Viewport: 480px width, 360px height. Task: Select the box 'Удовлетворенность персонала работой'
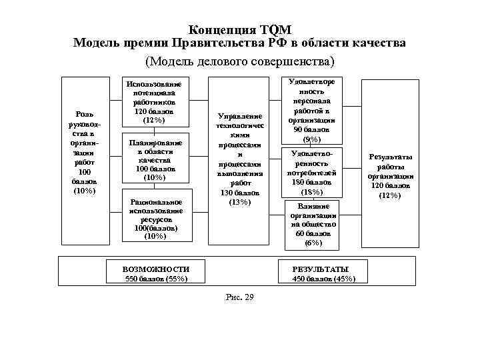pyautogui.click(x=312, y=110)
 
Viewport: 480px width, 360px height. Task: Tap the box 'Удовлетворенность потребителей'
pyautogui.click(x=312, y=173)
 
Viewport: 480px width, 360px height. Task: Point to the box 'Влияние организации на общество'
pyautogui.click(x=312, y=225)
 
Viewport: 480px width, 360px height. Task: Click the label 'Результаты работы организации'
pyautogui.click(x=390, y=176)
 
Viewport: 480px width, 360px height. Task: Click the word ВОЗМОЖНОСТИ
pyautogui.click(x=155, y=269)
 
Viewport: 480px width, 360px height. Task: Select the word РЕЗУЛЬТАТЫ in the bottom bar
pyautogui.click(x=320, y=269)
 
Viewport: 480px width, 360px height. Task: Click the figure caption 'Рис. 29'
pyautogui.click(x=240, y=297)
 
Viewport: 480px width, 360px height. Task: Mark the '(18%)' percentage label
pyautogui.click(x=312, y=192)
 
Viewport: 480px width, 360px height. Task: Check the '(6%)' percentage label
pyautogui.click(x=312, y=243)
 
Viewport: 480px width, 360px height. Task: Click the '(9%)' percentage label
pyautogui.click(x=312, y=139)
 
